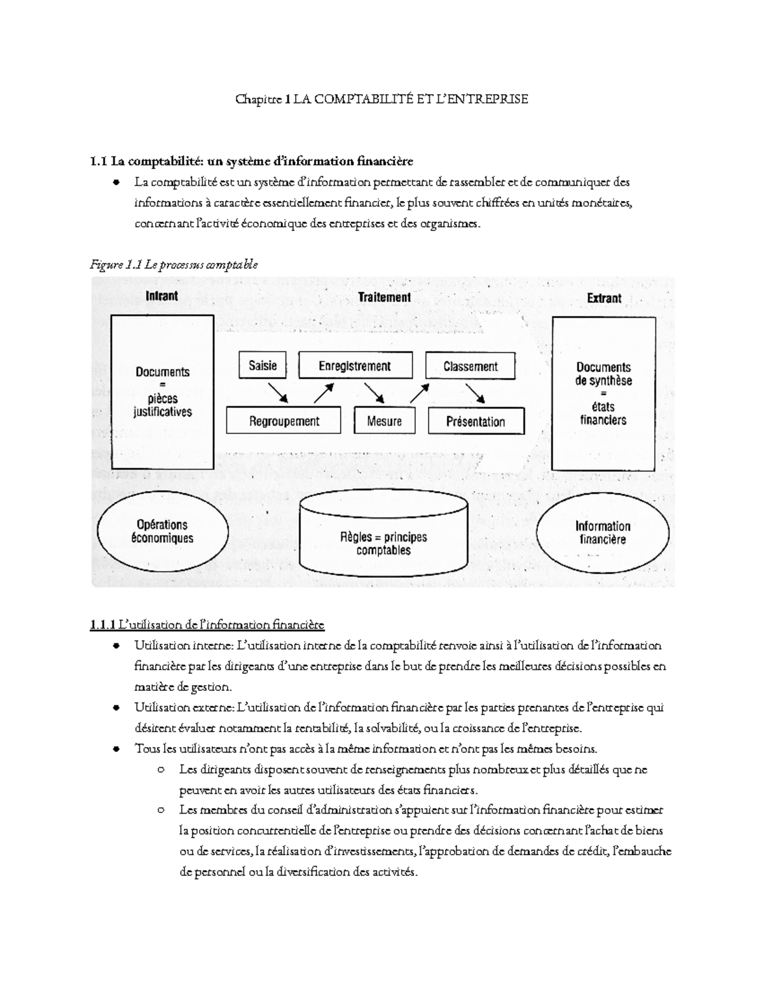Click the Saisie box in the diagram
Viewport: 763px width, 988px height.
(x=263, y=366)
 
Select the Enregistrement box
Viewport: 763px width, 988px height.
(x=355, y=366)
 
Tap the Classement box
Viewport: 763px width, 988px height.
(x=471, y=366)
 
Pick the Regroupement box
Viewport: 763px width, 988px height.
(x=284, y=421)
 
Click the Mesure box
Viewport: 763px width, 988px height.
(x=384, y=421)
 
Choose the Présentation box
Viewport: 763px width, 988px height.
(x=476, y=421)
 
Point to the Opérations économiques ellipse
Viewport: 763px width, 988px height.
(x=162, y=531)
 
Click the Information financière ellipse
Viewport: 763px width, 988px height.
(x=602, y=532)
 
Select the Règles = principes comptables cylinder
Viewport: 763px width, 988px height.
(x=383, y=538)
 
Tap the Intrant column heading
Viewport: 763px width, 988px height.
(x=162, y=296)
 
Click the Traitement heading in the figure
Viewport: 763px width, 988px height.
(x=384, y=296)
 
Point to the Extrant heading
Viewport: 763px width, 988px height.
(x=604, y=298)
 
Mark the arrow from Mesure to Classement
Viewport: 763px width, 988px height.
(x=421, y=393)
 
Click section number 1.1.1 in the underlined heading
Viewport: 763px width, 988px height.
(x=103, y=625)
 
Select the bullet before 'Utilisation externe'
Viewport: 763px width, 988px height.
(x=116, y=707)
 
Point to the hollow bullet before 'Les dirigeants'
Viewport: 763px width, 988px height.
(x=161, y=770)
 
